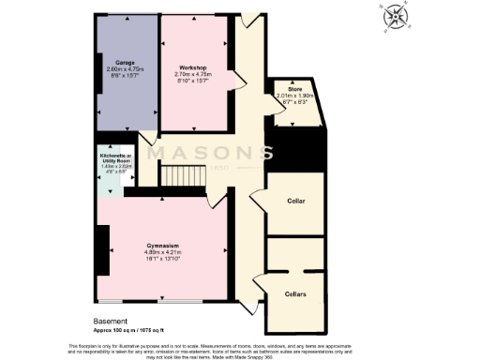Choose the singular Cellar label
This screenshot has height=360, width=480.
pyautogui.click(x=295, y=201)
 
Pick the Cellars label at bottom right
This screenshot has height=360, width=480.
pyautogui.click(x=295, y=293)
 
